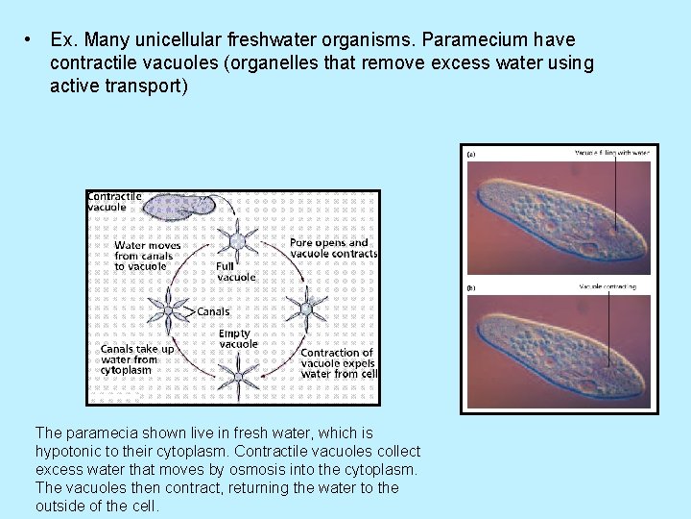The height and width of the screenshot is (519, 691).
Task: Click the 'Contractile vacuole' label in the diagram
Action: (x=115, y=201)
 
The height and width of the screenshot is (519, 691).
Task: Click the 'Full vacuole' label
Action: (x=236, y=271)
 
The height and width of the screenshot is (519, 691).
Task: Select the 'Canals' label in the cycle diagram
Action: (x=213, y=311)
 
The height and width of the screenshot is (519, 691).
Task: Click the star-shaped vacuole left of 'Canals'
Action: (x=170, y=309)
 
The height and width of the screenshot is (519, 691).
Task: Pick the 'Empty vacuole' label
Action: (x=238, y=338)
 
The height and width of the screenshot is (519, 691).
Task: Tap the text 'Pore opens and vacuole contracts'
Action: (x=333, y=248)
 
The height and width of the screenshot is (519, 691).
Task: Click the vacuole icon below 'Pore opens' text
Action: (x=309, y=307)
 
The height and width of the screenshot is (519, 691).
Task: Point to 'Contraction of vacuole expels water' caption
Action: (x=339, y=363)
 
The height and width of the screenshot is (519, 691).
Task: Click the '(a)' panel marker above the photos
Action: (x=472, y=154)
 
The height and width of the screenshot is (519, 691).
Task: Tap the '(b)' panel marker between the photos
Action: (x=472, y=287)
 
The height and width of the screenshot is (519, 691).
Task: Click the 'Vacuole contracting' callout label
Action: (x=607, y=286)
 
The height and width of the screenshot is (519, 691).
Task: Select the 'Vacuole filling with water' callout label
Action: (x=611, y=153)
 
